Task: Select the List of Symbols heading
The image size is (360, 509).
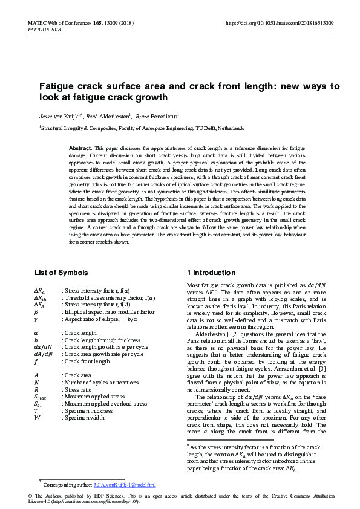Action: [61, 273]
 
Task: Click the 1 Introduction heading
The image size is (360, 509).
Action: [211, 273]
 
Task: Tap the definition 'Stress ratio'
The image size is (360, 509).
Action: [78, 391]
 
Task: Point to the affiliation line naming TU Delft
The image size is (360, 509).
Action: [142, 128]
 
